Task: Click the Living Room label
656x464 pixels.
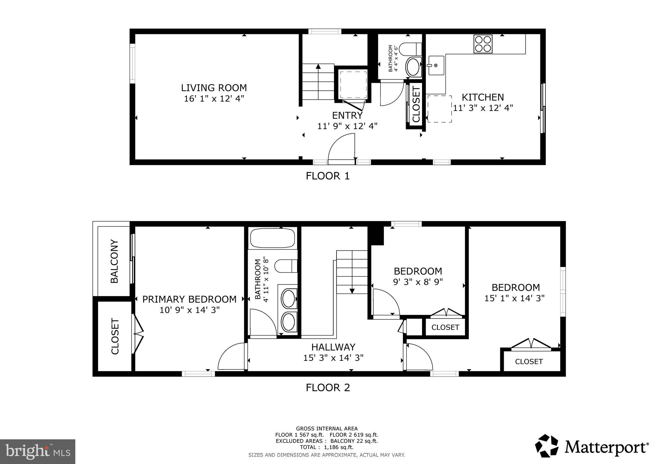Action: pos(214,88)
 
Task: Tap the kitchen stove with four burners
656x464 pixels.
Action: pos(483,44)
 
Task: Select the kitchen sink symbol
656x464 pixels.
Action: pos(436,65)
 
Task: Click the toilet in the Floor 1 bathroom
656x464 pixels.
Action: pos(411,49)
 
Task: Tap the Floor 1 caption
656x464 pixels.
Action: pos(328,176)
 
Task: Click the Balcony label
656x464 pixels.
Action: pos(114,261)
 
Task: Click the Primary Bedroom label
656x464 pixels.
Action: pos(189,299)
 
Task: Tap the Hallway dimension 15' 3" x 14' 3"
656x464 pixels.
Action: pos(333,358)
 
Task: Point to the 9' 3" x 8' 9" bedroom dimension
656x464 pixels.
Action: pos(418,282)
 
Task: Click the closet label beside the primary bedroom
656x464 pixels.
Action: pos(115,336)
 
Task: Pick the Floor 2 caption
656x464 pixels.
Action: pos(328,388)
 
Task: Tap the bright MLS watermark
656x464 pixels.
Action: pos(38,452)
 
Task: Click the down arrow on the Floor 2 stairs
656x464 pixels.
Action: pos(352,290)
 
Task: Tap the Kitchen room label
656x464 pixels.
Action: pos(482,97)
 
